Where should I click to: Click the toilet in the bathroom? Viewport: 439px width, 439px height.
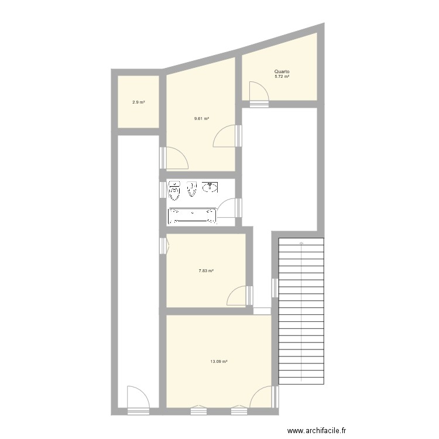point(174,190)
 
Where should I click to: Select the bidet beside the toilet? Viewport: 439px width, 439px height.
point(191,189)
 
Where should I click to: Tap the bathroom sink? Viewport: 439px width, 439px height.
point(210,188)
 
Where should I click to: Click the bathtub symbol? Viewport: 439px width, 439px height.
point(192,216)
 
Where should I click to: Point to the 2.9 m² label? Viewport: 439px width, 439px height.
point(138,102)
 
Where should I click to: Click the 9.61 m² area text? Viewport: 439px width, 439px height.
point(202,118)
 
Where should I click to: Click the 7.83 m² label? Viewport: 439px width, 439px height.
point(205,271)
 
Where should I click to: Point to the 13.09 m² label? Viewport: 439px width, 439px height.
point(218,361)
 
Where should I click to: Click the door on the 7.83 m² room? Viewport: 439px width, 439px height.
point(238,296)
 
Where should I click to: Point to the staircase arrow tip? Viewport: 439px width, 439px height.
point(301,242)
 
